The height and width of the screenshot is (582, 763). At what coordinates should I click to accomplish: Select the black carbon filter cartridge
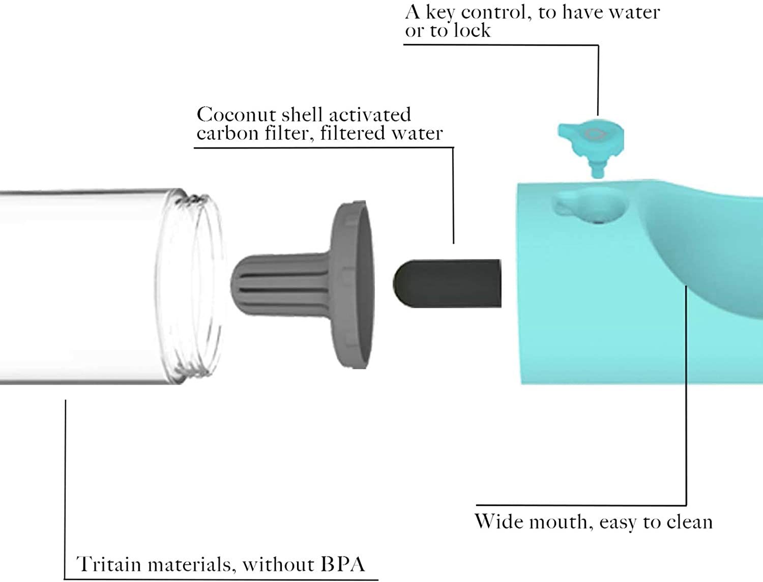pyautogui.click(x=448, y=283)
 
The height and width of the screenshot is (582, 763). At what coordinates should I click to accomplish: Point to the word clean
pyautogui.click(x=689, y=522)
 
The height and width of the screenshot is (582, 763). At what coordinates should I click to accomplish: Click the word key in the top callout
pyautogui.click(x=440, y=13)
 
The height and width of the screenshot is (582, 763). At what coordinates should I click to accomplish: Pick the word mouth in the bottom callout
pyautogui.click(x=559, y=522)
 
